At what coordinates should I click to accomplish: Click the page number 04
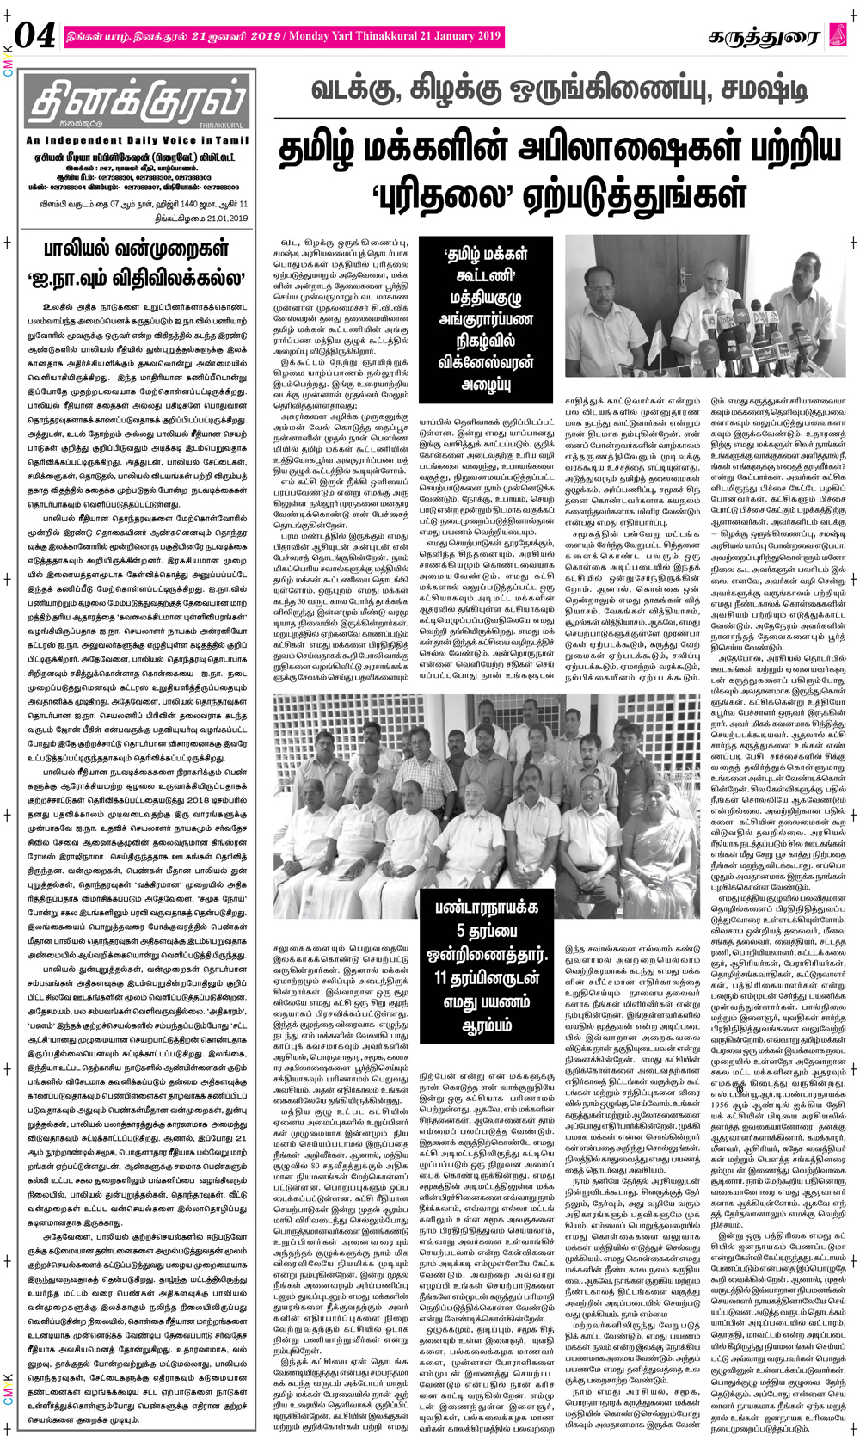[x=36, y=36]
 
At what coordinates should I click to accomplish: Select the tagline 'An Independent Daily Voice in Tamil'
[x=138, y=140]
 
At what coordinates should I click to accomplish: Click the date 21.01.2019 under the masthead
[x=218, y=218]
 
